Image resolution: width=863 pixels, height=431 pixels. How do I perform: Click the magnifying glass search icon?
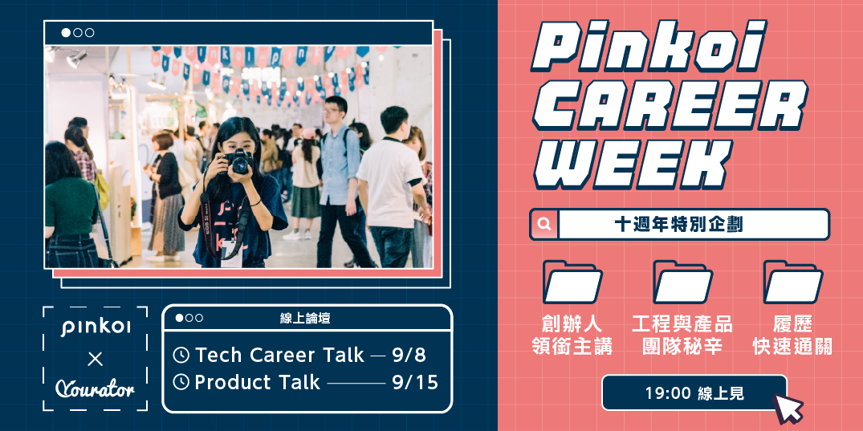544,225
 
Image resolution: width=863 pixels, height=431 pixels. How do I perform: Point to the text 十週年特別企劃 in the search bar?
678,225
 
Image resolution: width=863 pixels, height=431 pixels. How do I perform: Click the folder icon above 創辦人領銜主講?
572,282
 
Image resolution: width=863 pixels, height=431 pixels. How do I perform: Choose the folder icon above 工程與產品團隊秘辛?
682,282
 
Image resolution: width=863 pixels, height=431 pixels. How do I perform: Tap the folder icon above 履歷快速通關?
792,282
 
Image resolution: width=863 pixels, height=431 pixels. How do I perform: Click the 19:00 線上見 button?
694,393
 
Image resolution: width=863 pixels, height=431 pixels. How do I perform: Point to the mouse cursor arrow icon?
787,408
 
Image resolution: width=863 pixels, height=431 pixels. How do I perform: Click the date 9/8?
409,355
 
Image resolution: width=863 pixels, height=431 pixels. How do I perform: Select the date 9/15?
415,382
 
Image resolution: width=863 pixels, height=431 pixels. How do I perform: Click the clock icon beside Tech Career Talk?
181,355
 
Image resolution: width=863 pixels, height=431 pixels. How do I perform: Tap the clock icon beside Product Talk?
181,382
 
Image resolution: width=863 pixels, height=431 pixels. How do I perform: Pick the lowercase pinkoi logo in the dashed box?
96,327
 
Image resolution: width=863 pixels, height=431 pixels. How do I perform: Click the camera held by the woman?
238,162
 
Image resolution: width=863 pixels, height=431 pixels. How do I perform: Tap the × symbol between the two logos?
95,358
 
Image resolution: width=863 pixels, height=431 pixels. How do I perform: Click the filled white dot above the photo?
66,33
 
